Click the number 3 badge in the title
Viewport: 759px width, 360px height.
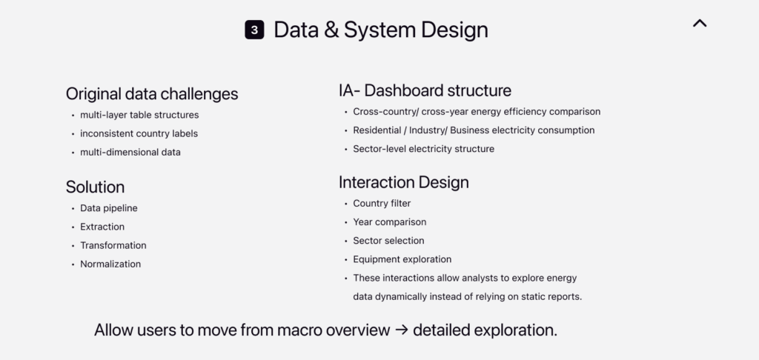254,30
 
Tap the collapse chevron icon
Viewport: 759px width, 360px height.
700,23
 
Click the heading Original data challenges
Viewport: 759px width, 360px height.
152,94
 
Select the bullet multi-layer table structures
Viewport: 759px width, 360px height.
139,115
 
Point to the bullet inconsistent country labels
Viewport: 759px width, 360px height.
139,133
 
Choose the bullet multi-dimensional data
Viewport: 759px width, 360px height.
130,153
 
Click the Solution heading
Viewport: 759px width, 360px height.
96,187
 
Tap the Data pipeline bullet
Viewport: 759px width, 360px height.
109,208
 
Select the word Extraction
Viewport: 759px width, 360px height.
102,227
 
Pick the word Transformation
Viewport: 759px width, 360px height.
113,245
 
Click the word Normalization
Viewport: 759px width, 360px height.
110,264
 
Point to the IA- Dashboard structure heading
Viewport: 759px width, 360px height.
425,90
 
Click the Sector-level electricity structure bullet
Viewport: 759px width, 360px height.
423,149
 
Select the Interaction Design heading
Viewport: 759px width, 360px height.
404,182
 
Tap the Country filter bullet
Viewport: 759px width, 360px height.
382,204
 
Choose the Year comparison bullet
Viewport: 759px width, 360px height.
390,222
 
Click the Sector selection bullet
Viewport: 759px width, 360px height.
388,241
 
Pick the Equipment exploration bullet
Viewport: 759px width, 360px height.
402,259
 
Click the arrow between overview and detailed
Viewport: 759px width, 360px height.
401,330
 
